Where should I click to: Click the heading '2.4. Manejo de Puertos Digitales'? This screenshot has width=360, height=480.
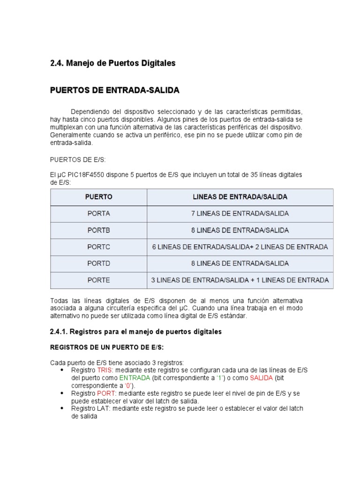[x=112, y=63]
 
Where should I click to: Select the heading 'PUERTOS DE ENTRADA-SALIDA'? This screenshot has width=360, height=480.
[x=114, y=90]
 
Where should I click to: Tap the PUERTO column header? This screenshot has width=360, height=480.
[x=98, y=197]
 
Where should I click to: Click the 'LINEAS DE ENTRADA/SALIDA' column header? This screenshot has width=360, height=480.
[x=240, y=197]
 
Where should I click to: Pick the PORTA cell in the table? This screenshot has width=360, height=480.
[x=98, y=214]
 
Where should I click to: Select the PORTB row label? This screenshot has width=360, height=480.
[x=98, y=231]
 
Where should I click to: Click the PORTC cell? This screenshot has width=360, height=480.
[x=98, y=247]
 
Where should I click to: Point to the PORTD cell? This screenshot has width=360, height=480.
[x=98, y=263]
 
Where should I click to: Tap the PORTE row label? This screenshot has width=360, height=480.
[x=98, y=280]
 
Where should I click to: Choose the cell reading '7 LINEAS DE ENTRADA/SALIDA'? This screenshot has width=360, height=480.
[x=240, y=214]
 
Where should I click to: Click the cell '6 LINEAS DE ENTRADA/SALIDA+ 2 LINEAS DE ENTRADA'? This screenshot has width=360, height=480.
[x=240, y=247]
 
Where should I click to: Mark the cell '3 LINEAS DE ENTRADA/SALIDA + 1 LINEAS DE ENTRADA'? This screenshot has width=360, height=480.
[x=240, y=280]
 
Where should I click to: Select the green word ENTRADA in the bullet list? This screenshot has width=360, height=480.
[x=135, y=378]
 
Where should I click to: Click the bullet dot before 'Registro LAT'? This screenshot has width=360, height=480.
[x=62, y=408]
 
